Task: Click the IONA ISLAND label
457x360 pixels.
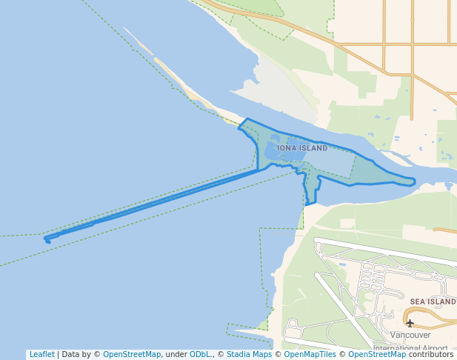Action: [x=302, y=148]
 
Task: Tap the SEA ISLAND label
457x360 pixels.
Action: [x=433, y=302]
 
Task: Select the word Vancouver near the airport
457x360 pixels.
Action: [x=410, y=335]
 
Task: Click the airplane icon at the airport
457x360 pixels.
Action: [x=410, y=323]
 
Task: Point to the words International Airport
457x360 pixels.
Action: [x=410, y=348]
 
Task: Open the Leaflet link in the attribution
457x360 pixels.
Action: [x=41, y=354]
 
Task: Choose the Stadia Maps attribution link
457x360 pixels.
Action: [x=249, y=354]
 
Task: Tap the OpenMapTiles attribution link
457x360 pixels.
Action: [x=307, y=354]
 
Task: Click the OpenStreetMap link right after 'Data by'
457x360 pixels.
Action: [x=131, y=354]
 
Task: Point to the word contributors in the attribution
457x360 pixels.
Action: [x=430, y=354]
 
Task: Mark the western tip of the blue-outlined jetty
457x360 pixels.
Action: [x=46, y=239]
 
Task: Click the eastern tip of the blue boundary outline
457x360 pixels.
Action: [x=416, y=181]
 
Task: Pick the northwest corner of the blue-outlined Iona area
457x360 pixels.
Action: [x=246, y=119]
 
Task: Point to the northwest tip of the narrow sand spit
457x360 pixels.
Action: [x=124, y=29]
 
